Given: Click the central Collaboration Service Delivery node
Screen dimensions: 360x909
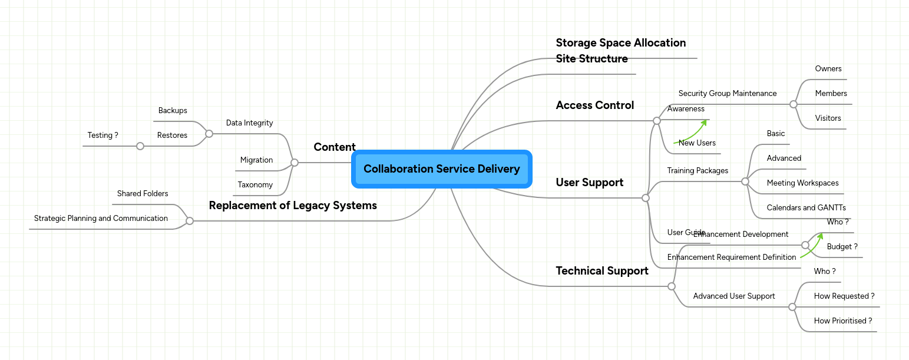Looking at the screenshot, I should point(441,169).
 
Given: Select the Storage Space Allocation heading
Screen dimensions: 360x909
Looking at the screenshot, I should point(620,43).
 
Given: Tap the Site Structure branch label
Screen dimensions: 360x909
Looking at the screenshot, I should point(591,59).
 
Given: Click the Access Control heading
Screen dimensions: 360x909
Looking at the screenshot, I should point(594,105).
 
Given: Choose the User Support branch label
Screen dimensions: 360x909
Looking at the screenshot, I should point(589,183).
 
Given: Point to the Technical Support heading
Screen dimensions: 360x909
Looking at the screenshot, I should point(601,271).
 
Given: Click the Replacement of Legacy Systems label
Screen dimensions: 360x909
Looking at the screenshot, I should point(293,206).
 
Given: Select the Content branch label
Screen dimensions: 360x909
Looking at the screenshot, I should point(334,147).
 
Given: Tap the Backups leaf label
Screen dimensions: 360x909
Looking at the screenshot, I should point(173,111).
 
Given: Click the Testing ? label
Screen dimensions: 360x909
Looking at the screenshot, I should point(103,136).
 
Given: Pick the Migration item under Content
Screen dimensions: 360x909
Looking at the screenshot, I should point(256,160).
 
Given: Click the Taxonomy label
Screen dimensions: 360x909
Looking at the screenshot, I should point(255,185).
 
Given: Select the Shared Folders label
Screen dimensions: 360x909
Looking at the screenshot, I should point(143,194).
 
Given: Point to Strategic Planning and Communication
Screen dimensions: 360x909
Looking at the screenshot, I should point(101,219).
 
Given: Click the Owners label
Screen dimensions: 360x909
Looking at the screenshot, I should point(828,69).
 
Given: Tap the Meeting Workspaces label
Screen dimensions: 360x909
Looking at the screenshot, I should point(802,183).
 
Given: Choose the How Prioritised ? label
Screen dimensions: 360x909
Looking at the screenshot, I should point(842,321).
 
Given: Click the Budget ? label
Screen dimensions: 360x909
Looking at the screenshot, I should point(842,247).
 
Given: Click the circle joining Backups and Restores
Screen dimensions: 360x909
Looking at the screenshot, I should point(209,134).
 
